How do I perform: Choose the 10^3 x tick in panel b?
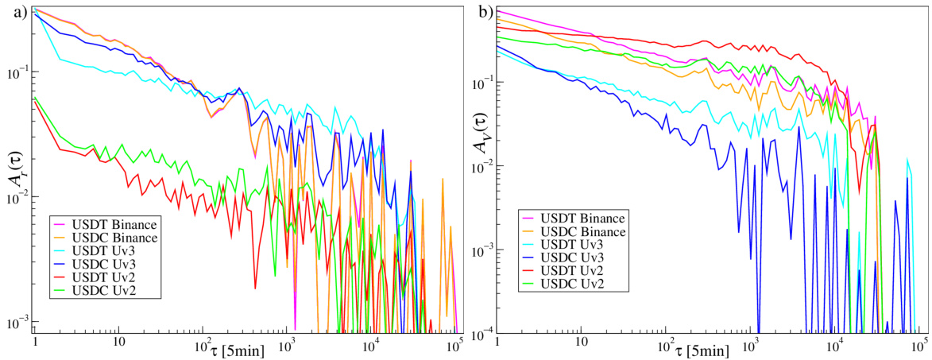tap(750, 343)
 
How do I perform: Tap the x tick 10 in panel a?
tap(118, 343)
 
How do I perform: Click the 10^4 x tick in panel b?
tap(834, 343)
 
